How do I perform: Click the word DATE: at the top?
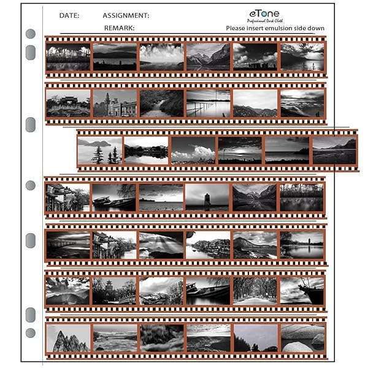coord(69,15)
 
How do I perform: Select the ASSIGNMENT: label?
coord(126,15)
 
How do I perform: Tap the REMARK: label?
coord(119,28)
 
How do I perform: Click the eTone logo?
coord(265,12)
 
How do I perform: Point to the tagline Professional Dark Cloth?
coord(265,21)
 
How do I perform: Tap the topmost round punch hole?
coord(31,34)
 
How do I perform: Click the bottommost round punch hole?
coord(31,333)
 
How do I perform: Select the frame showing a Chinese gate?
coord(67,103)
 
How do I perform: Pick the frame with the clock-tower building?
coord(115,103)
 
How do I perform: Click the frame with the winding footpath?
coord(161,103)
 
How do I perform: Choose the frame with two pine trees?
coord(99,150)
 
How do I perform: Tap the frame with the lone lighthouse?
coord(207,197)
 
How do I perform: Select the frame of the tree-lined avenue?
coord(255,291)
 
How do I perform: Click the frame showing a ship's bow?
coord(302,291)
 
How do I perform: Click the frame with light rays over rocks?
coord(161,244)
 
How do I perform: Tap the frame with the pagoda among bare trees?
coord(115,291)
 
